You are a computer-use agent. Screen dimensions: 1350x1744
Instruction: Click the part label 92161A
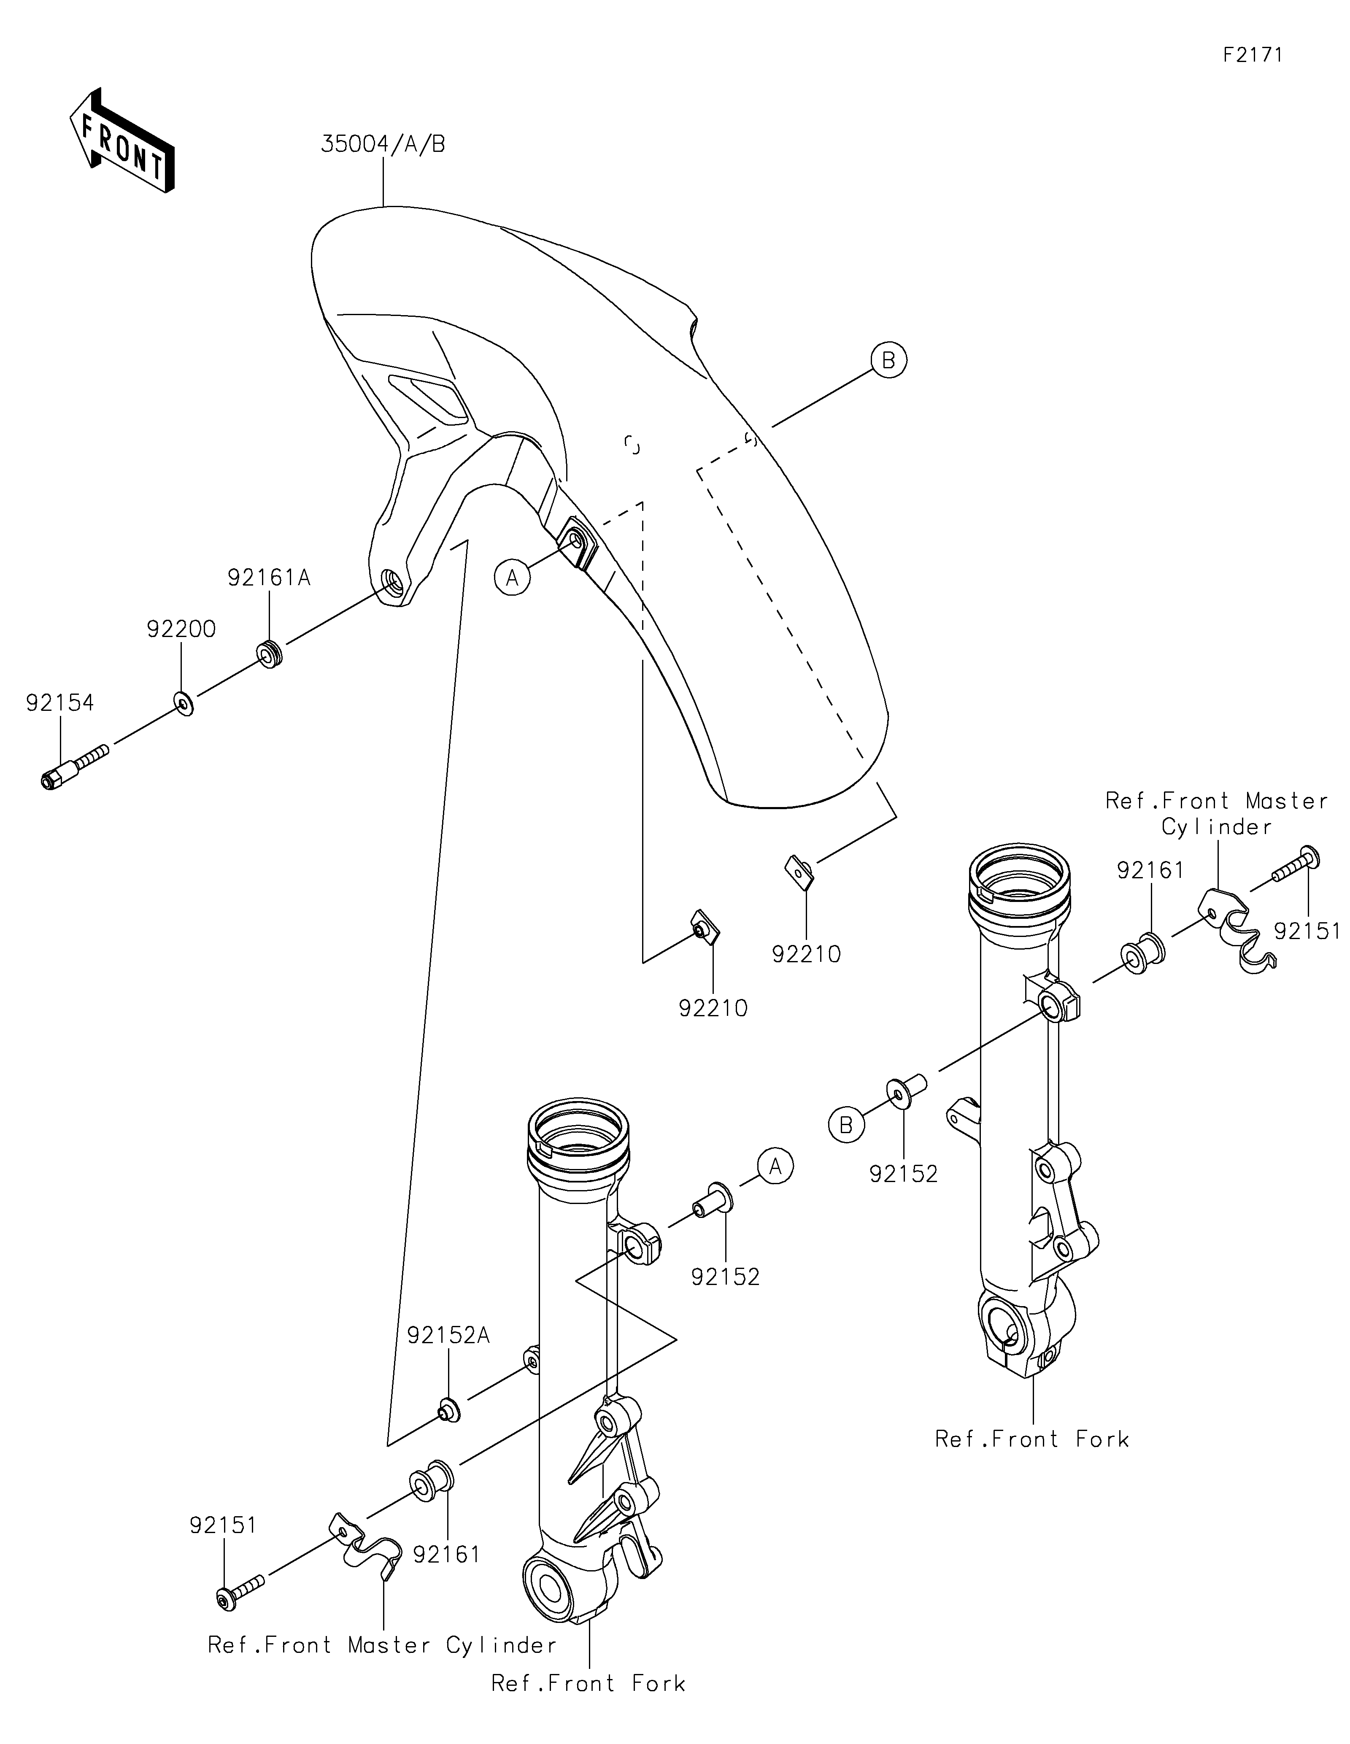(x=269, y=578)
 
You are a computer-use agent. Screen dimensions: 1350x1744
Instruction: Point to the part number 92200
(x=181, y=629)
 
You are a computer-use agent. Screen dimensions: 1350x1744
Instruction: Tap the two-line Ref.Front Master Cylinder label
(x=1217, y=813)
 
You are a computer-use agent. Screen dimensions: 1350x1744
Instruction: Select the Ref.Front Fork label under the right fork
(x=1032, y=1439)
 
